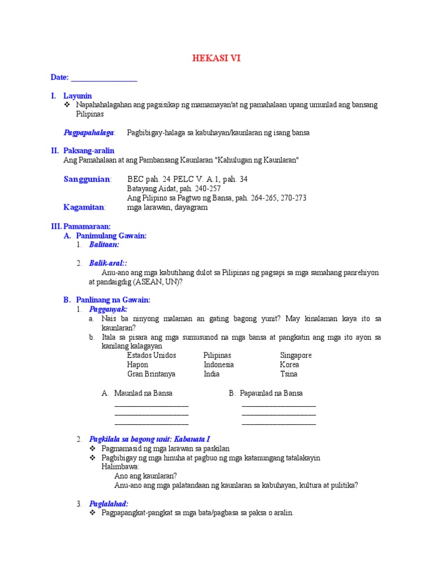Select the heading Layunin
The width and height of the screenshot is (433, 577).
77,96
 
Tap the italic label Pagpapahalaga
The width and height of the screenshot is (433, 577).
89,132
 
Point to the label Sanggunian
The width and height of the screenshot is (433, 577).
87,179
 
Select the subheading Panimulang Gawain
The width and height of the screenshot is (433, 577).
111,236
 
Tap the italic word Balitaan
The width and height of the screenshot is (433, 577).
104,245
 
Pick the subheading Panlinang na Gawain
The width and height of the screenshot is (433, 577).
113,300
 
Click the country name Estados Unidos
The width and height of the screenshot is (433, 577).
152,356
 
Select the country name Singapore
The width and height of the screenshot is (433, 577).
295,356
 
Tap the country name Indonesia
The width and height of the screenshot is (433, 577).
219,365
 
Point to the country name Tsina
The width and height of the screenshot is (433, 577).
289,374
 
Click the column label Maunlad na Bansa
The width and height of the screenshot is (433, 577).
143,393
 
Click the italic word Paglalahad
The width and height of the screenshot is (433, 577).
109,504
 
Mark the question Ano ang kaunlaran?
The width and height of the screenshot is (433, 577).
145,476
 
